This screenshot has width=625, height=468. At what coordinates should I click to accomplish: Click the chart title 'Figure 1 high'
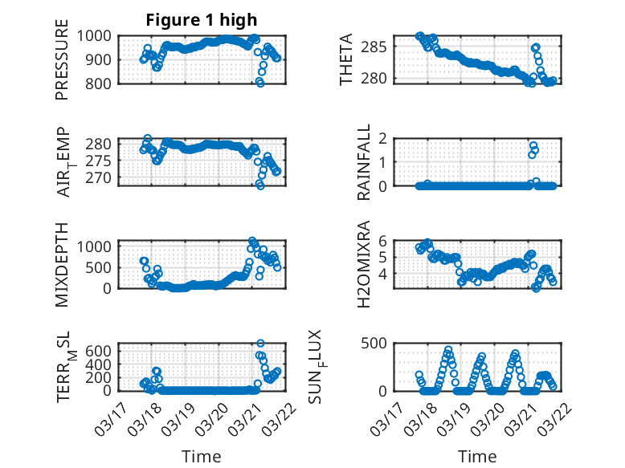[202, 20]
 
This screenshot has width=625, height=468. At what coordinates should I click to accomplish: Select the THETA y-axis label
[347, 60]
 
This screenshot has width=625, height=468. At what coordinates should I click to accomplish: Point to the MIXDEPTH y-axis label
[62, 264]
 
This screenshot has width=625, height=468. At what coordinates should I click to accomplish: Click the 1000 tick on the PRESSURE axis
[97, 36]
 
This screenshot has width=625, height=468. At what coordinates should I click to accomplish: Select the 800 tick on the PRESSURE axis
[102, 83]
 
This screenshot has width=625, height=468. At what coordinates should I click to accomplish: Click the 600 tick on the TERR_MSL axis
[102, 351]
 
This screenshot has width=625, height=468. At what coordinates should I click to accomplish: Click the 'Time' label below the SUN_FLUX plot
[477, 457]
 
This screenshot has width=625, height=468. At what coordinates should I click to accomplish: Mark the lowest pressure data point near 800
[260, 83]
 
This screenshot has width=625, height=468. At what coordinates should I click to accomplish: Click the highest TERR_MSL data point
[259, 344]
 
